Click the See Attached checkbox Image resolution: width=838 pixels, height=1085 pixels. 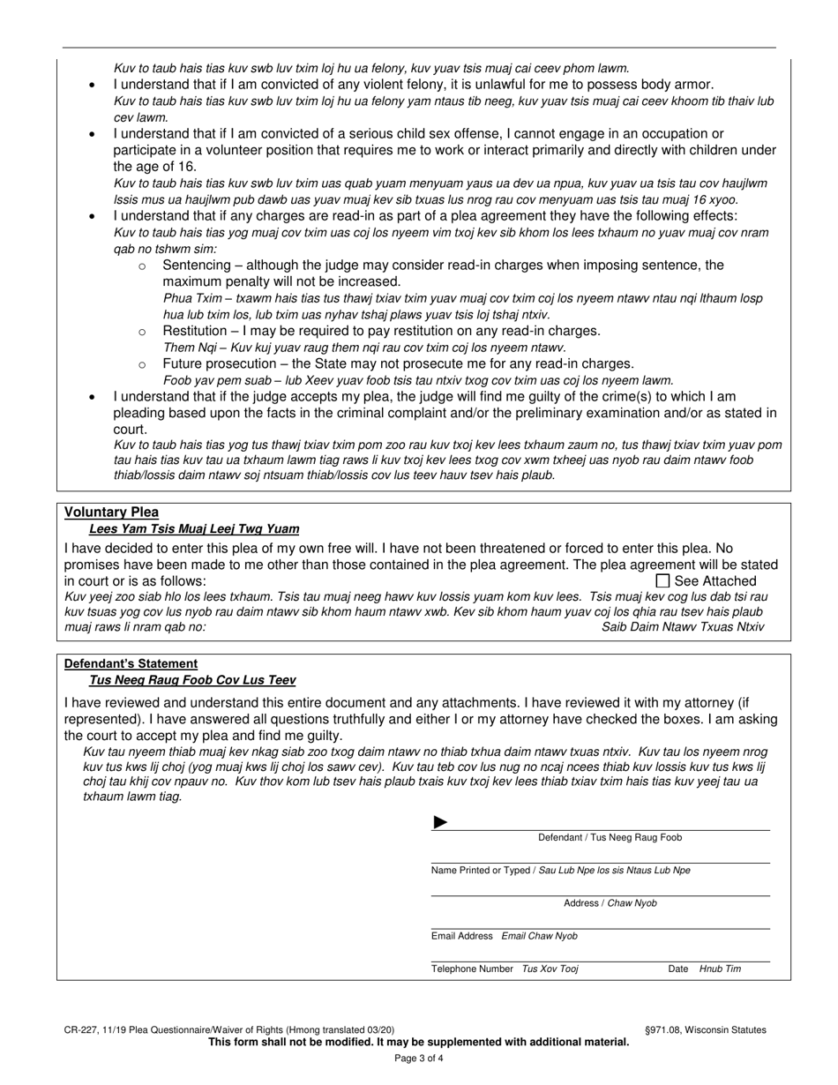point(663,580)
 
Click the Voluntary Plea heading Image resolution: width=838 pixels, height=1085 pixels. point(111,512)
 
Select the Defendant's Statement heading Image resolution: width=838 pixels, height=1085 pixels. point(131,663)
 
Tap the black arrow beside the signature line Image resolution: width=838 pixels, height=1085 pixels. point(440,823)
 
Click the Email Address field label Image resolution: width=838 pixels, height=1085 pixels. point(461,936)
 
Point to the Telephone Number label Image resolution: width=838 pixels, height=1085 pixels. point(472,969)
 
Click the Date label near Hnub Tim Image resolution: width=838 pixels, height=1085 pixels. point(677,969)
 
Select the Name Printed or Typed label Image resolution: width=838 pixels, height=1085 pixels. point(481,870)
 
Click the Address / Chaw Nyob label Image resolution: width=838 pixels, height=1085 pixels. point(610,903)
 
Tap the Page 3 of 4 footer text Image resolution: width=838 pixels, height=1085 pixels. point(418,1058)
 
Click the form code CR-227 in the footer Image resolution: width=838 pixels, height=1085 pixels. point(80,1029)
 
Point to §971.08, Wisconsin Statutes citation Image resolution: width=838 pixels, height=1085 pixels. point(706,1029)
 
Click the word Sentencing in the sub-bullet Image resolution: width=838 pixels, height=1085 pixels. point(196,265)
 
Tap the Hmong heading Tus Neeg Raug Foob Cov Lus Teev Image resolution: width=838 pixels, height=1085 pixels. point(192,680)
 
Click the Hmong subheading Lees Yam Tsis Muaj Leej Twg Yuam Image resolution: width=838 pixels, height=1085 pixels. point(194,528)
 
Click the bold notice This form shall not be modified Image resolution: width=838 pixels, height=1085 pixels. point(418,1042)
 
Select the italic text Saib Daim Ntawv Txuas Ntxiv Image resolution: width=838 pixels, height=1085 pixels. point(683,626)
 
